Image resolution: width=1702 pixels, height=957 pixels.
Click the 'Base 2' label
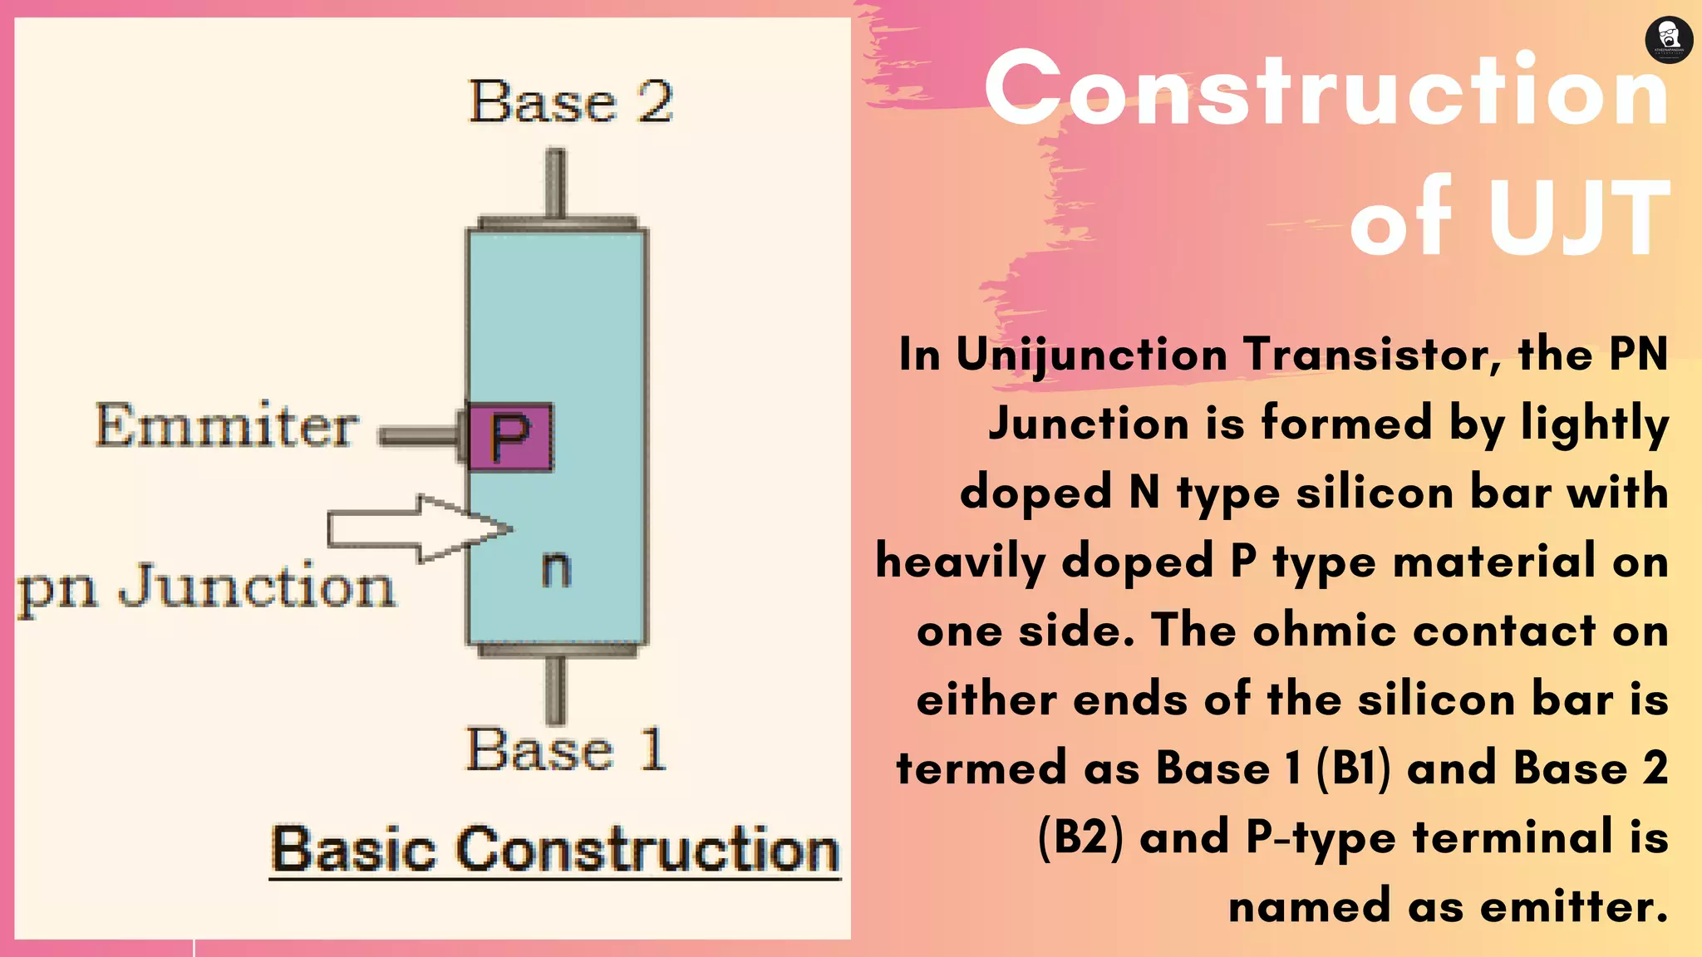(x=571, y=102)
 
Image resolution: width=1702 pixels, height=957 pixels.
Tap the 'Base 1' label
(x=566, y=749)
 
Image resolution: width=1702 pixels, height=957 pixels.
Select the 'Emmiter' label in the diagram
(x=227, y=425)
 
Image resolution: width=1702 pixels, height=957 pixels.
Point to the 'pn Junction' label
(x=206, y=586)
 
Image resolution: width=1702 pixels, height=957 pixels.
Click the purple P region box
(x=509, y=437)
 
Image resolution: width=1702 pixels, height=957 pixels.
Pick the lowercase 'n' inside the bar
(x=556, y=569)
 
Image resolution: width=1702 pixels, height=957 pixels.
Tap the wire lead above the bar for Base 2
(x=556, y=183)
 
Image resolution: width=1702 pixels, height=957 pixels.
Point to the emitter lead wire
(x=418, y=436)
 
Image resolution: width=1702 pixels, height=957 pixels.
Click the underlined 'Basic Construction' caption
(x=555, y=850)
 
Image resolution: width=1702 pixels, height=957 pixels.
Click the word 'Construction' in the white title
(x=1326, y=89)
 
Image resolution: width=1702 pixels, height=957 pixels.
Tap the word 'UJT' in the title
(x=1579, y=218)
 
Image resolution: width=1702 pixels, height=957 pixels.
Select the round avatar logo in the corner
(x=1669, y=39)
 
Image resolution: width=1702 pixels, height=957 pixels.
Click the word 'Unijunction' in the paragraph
(x=1091, y=356)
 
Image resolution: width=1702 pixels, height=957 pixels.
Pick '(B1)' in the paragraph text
(x=1354, y=768)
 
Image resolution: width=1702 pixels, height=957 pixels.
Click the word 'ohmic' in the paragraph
(x=1325, y=631)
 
